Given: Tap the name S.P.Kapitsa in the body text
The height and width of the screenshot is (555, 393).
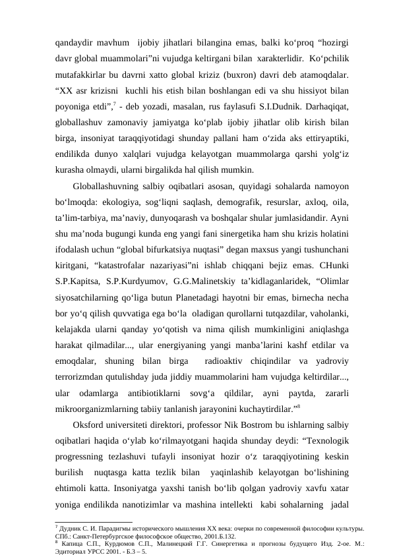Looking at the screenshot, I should click(78, 283).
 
